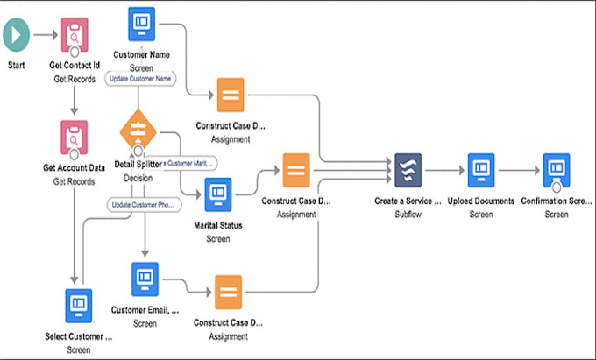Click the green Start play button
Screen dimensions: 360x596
pos(17,35)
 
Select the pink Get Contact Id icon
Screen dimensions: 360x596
pos(74,36)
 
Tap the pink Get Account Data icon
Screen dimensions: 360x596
pos(74,137)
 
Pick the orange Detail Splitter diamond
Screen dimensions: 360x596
pos(138,129)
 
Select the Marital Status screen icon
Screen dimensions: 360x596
pos(217,194)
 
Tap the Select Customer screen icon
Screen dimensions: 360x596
pos(78,305)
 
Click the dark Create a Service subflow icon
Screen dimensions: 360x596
pos(408,169)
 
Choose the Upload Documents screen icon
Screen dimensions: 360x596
pos(481,169)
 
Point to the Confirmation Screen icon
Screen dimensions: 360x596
pos(557,169)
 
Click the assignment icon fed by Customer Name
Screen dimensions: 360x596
pos(231,95)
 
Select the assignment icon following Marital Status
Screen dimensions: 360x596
pos(296,169)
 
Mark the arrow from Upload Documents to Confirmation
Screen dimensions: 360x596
pos(519,169)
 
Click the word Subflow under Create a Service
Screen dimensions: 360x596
pos(408,213)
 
